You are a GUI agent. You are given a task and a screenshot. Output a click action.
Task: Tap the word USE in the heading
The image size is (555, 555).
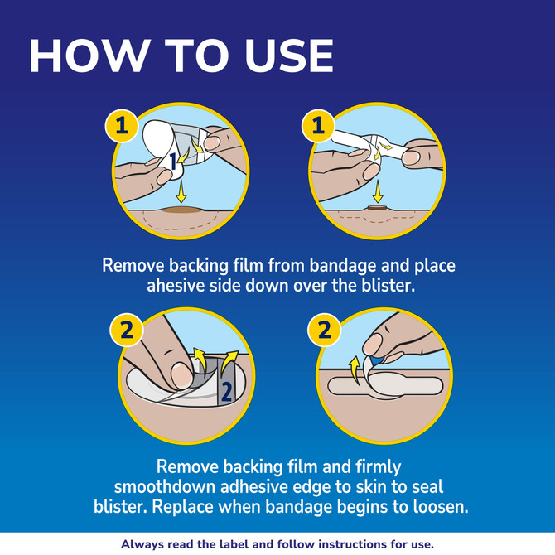pos(289,55)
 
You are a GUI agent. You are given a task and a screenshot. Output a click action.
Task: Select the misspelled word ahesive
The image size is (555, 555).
pos(176,285)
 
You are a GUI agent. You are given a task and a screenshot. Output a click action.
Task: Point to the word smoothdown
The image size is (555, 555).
pos(165,487)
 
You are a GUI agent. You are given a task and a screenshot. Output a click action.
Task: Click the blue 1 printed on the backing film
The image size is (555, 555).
pos(172,162)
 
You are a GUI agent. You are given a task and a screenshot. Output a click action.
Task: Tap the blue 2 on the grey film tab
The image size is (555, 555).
pos(226,392)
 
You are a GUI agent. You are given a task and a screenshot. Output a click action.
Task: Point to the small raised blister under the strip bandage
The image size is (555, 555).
pos(377,208)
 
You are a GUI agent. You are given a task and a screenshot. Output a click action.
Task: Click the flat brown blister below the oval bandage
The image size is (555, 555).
pos(182,210)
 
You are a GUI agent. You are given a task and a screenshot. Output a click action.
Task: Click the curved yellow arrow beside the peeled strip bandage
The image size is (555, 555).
pos(355,370)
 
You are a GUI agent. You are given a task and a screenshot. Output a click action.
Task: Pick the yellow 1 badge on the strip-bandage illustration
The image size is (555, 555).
pos(318,126)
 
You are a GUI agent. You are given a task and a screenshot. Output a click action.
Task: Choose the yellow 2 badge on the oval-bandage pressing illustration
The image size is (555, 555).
pos(127,330)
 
